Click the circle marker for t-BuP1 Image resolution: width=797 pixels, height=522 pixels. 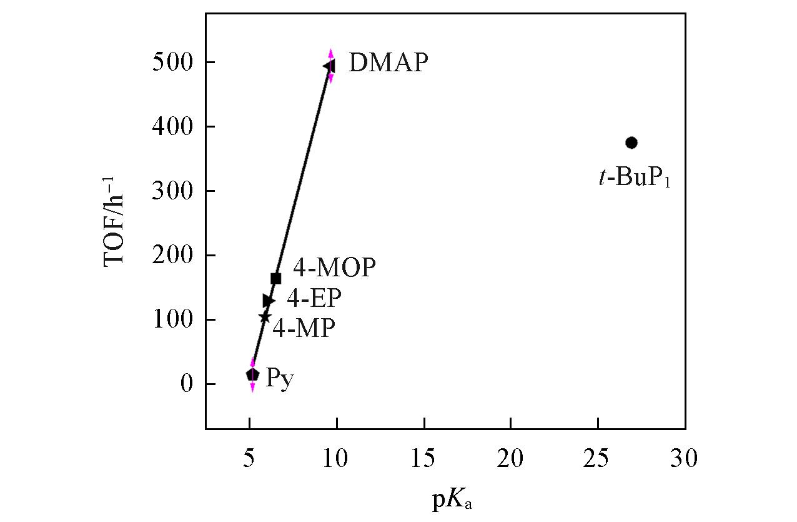(x=631, y=143)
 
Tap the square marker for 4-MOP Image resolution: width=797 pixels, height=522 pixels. (x=275, y=278)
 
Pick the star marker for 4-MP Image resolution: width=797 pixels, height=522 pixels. (x=265, y=318)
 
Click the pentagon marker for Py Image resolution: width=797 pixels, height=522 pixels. (x=252, y=374)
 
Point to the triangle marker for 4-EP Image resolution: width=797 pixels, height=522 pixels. (x=269, y=301)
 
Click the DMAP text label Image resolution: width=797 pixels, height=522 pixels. (x=388, y=63)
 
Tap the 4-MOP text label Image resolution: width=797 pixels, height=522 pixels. (x=334, y=268)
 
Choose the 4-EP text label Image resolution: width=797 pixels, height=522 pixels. (x=314, y=299)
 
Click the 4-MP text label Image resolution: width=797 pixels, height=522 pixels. (x=304, y=328)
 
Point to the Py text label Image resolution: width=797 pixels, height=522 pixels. (x=279, y=379)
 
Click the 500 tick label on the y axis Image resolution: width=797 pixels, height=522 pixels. (x=171, y=63)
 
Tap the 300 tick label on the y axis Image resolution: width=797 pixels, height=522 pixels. (x=171, y=191)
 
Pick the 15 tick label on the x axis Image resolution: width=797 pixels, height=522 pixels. (x=423, y=461)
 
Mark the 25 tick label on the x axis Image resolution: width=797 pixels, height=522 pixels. (x=598, y=461)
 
